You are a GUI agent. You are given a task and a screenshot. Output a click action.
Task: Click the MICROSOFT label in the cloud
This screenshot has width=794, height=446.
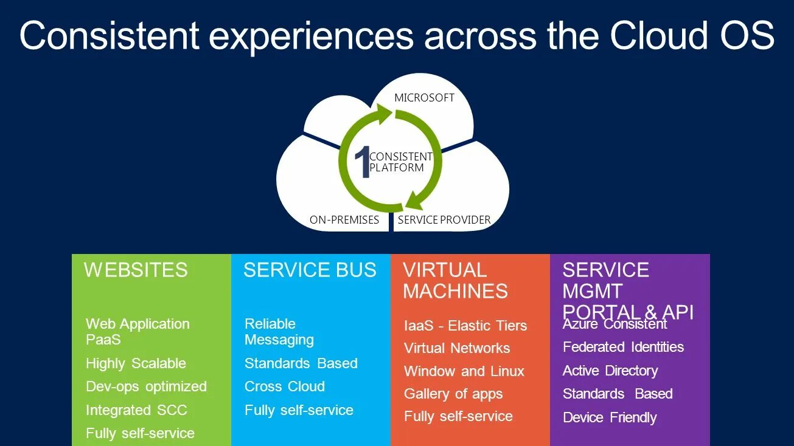pyautogui.click(x=424, y=98)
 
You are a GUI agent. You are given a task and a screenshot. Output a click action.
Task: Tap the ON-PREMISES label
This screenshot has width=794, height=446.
pyautogui.click(x=344, y=220)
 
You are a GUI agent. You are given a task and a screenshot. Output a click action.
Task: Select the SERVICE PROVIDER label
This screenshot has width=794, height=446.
pyautogui.click(x=444, y=220)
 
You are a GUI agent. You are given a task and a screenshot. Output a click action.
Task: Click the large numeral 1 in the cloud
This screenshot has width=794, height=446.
pyautogui.click(x=362, y=163)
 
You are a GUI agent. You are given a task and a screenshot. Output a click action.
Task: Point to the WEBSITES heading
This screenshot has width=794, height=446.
pyautogui.click(x=136, y=270)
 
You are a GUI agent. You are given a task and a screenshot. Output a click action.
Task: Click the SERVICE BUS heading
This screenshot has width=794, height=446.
pyautogui.click(x=310, y=270)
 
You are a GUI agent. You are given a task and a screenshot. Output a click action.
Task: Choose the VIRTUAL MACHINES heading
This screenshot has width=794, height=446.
pyautogui.click(x=455, y=281)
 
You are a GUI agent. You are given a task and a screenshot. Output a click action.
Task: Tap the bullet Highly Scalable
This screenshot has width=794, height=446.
pyautogui.click(x=136, y=363)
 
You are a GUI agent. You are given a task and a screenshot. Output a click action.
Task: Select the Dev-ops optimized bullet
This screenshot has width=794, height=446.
pyautogui.click(x=146, y=386)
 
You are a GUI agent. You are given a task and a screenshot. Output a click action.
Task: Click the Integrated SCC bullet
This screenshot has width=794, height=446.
pyautogui.click(x=136, y=410)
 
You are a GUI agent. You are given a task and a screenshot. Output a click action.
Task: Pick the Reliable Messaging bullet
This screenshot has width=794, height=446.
pyautogui.click(x=279, y=332)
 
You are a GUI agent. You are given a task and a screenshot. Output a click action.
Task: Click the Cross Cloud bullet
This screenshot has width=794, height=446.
pyautogui.click(x=285, y=386)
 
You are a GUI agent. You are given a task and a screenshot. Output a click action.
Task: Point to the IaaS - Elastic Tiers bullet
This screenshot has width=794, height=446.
pyautogui.click(x=465, y=326)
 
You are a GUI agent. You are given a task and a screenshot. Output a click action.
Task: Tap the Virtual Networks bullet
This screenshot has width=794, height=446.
pyautogui.click(x=457, y=348)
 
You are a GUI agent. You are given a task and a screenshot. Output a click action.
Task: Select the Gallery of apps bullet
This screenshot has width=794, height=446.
pyautogui.click(x=453, y=394)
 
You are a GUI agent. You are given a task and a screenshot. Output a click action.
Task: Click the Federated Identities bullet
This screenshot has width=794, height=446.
pyautogui.click(x=623, y=347)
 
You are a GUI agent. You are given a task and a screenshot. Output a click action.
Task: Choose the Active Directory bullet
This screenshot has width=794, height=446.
pyautogui.click(x=610, y=371)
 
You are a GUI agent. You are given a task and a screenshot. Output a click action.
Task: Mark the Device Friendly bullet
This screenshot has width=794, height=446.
pyautogui.click(x=610, y=417)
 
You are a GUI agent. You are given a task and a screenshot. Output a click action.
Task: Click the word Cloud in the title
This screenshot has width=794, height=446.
pyautogui.click(x=658, y=36)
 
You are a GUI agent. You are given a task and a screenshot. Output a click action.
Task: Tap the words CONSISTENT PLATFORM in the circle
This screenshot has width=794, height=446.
pyautogui.click(x=401, y=162)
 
